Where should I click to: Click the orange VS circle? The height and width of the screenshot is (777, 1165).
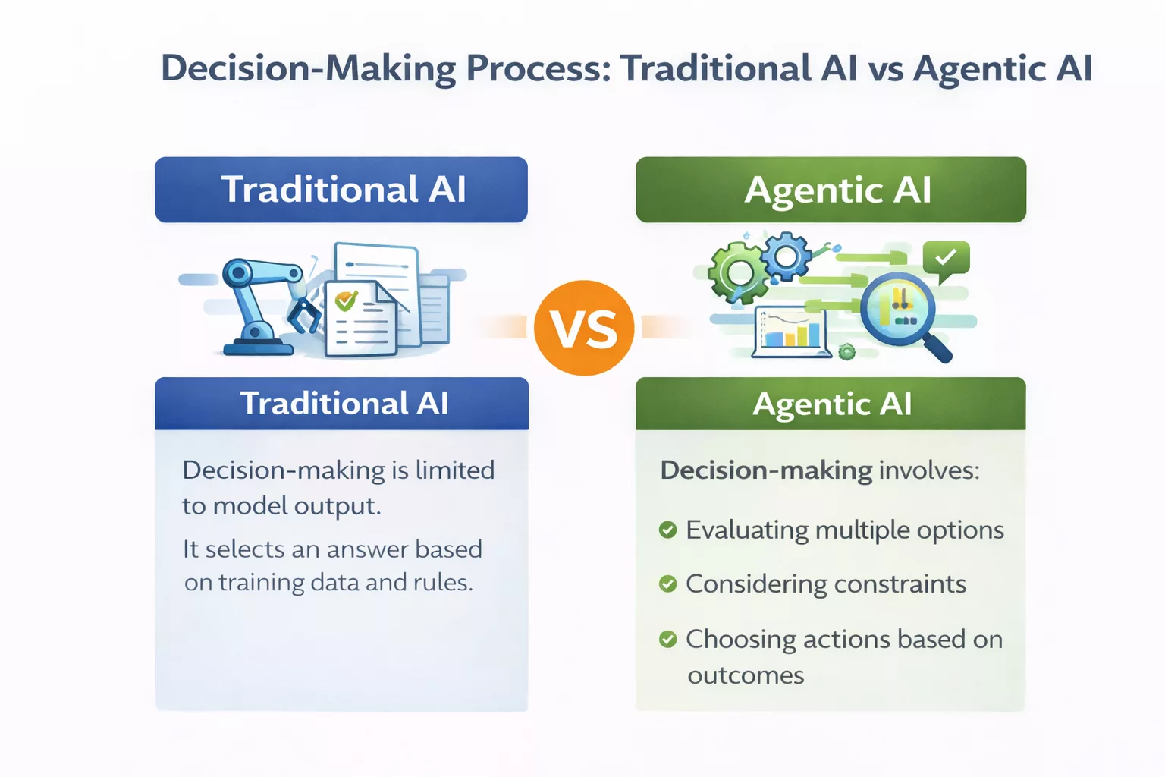tap(584, 328)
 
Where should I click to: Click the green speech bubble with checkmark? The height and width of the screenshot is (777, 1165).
tap(946, 260)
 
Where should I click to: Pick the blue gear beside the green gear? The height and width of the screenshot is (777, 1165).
tap(786, 256)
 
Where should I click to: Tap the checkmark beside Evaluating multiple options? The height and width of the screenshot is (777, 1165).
tap(667, 530)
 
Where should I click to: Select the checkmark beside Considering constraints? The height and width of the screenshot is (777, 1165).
tap(667, 584)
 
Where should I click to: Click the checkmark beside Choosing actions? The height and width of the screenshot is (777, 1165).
tap(667, 639)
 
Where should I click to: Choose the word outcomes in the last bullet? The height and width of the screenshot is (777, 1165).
tap(746, 675)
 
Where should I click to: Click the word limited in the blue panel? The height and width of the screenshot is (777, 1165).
tap(454, 470)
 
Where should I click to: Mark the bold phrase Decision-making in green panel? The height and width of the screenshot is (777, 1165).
tap(766, 470)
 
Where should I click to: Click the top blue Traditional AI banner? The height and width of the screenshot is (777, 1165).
tap(341, 190)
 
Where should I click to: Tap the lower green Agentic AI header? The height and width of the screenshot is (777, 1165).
tap(831, 404)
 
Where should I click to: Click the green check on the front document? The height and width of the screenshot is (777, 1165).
tap(346, 300)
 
